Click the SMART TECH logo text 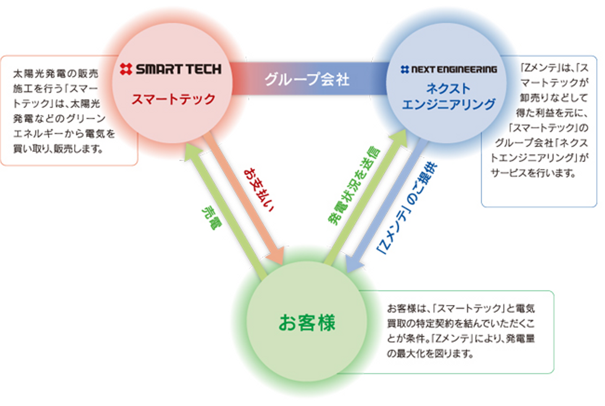[x=179, y=69]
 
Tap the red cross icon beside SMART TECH [x=126, y=69]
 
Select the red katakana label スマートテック [x=173, y=99]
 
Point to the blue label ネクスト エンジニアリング [x=448, y=96]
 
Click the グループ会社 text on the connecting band [x=307, y=79]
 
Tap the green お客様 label [x=307, y=323]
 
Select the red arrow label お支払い [x=258, y=190]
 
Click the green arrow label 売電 [x=211, y=217]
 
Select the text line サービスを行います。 [x=533, y=173]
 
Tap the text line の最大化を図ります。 [x=430, y=353]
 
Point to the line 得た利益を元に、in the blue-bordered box [x=552, y=113]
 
